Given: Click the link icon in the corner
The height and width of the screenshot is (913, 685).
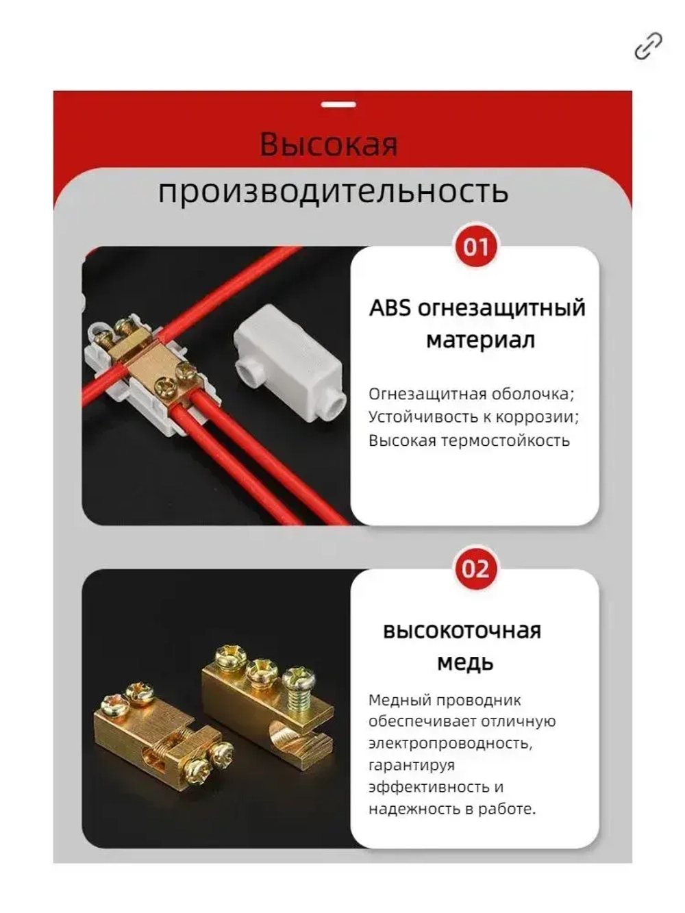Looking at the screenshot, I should [x=647, y=47].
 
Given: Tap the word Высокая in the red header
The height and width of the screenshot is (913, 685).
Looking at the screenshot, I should [x=329, y=145].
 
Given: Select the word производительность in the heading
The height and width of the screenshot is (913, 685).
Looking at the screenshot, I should [x=333, y=191].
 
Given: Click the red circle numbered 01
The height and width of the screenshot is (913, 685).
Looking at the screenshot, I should [x=475, y=247].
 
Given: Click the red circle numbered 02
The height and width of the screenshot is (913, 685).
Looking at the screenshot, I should [x=475, y=569].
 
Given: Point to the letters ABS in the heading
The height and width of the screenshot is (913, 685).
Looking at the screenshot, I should [x=390, y=308].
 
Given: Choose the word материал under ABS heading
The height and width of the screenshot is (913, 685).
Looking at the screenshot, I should [x=480, y=340].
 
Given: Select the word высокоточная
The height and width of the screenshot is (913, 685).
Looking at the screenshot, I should [x=462, y=631].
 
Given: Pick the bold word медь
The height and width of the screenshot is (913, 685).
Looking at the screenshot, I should [x=465, y=663].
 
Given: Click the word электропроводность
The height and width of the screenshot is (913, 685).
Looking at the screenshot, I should [x=449, y=743].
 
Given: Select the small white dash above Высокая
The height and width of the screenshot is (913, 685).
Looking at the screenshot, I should [x=338, y=105].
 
